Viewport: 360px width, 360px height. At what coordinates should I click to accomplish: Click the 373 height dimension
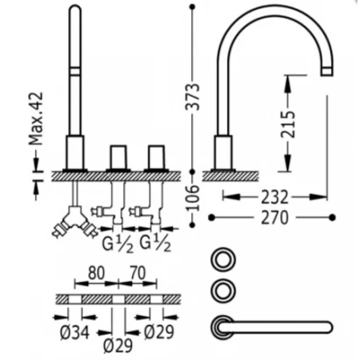(193, 97)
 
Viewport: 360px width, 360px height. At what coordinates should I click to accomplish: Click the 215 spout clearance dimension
(287, 124)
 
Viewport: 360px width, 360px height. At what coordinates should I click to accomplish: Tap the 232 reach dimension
(274, 197)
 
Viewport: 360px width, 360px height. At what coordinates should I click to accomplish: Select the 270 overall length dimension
(274, 218)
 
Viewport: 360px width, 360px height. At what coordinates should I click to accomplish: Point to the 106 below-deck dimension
(193, 197)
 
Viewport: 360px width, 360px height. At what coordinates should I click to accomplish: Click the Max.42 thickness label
(36, 119)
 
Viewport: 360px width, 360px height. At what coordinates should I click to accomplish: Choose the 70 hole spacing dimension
(137, 273)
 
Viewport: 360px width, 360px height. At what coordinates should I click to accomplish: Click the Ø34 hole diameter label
(74, 332)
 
